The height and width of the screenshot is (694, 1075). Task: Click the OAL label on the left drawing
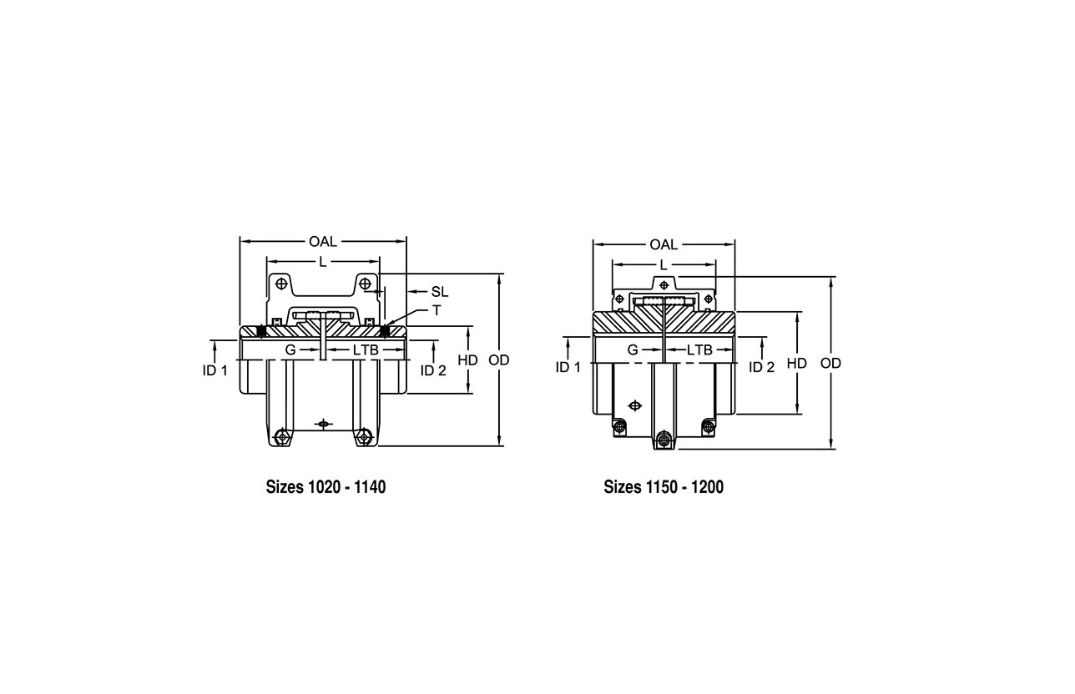[x=323, y=242]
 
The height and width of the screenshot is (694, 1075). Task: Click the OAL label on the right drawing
[x=664, y=245]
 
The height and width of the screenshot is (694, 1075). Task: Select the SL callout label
[x=440, y=292]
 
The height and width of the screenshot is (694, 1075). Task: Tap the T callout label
[x=437, y=311]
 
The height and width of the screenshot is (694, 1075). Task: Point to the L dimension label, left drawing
[x=323, y=262]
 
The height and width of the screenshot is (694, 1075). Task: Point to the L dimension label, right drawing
[x=664, y=265]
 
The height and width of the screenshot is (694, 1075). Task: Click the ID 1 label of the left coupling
[x=215, y=370]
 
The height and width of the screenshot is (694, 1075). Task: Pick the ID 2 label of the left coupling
[x=433, y=370]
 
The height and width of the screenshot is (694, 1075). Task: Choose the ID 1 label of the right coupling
[x=568, y=367]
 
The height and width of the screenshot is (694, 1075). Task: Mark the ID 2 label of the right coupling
[x=762, y=367]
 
